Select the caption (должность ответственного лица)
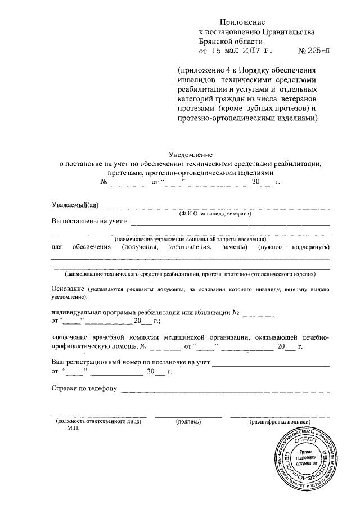point(99,421)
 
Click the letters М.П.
point(74,429)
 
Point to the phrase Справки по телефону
point(83,389)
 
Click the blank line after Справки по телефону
point(225,391)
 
